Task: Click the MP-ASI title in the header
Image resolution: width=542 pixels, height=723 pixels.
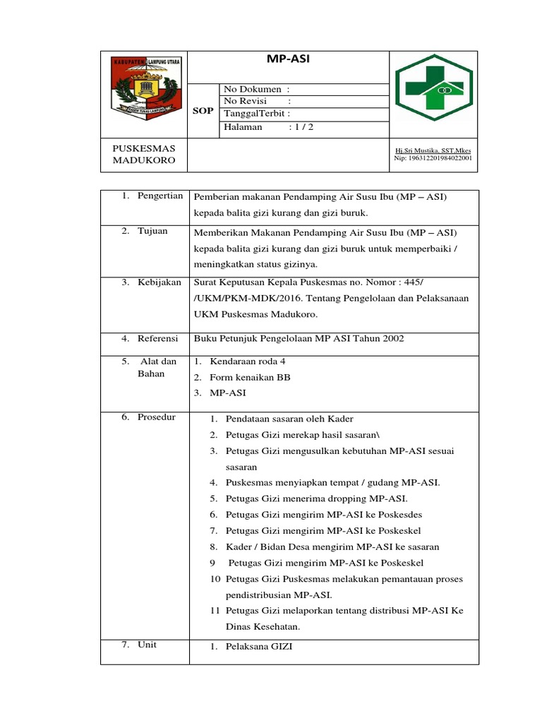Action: coord(288,59)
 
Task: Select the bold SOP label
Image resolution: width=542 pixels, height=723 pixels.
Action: coord(203,112)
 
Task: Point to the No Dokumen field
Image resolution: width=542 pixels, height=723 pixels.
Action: coord(257,89)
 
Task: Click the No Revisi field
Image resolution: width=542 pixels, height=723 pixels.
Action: coord(257,101)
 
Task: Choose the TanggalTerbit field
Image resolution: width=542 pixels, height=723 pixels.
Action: coord(257,114)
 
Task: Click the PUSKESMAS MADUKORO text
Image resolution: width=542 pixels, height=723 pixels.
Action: coord(145,155)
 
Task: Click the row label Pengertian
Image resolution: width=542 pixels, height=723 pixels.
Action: coord(160,196)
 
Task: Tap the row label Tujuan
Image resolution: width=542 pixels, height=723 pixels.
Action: coord(152,232)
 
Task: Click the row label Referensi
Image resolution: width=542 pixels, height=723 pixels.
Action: coord(159,339)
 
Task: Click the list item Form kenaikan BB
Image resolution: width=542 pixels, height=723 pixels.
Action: coord(250,377)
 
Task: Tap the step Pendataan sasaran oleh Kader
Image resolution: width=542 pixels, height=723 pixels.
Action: coord(289,419)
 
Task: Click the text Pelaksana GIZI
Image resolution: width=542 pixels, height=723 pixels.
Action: coord(258,647)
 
